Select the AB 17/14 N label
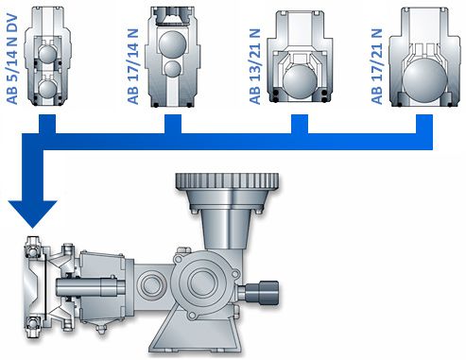(x=133, y=66)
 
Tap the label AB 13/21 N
(x=255, y=66)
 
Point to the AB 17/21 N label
(x=376, y=66)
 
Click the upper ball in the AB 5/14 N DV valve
(x=47, y=53)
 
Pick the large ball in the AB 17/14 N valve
(x=172, y=43)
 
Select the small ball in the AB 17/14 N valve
(x=172, y=69)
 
